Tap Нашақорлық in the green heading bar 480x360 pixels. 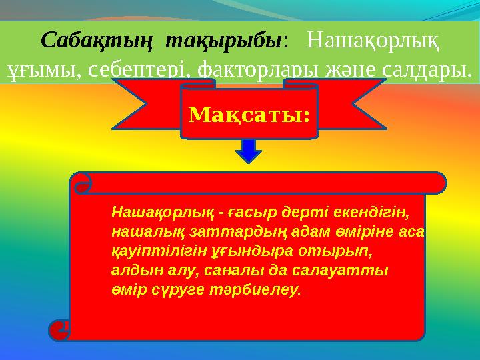point(374,41)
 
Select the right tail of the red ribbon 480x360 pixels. point(347,103)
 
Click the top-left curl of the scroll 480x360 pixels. point(81,187)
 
